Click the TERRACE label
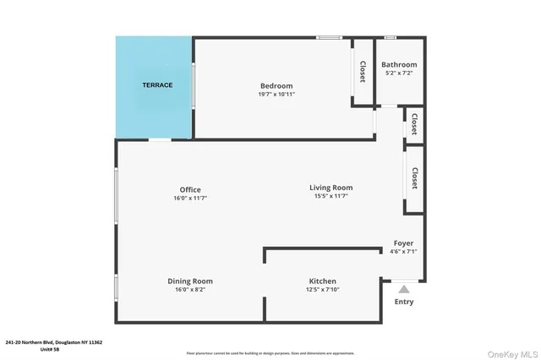point(157,85)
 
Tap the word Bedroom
point(276,85)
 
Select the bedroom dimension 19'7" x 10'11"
point(276,94)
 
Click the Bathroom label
point(399,65)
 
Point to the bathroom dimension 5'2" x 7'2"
point(399,74)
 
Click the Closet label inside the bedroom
point(363,73)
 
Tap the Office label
point(190,189)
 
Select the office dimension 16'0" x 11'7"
point(190,198)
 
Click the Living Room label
point(331,188)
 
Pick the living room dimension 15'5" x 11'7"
point(331,196)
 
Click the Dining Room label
point(190,281)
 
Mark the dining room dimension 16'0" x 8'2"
point(190,290)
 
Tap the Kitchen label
point(322,281)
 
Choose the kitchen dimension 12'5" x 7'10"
point(322,290)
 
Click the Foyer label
point(403,243)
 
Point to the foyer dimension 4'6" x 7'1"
point(403,251)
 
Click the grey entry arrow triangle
point(404,289)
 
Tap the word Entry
point(404,302)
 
